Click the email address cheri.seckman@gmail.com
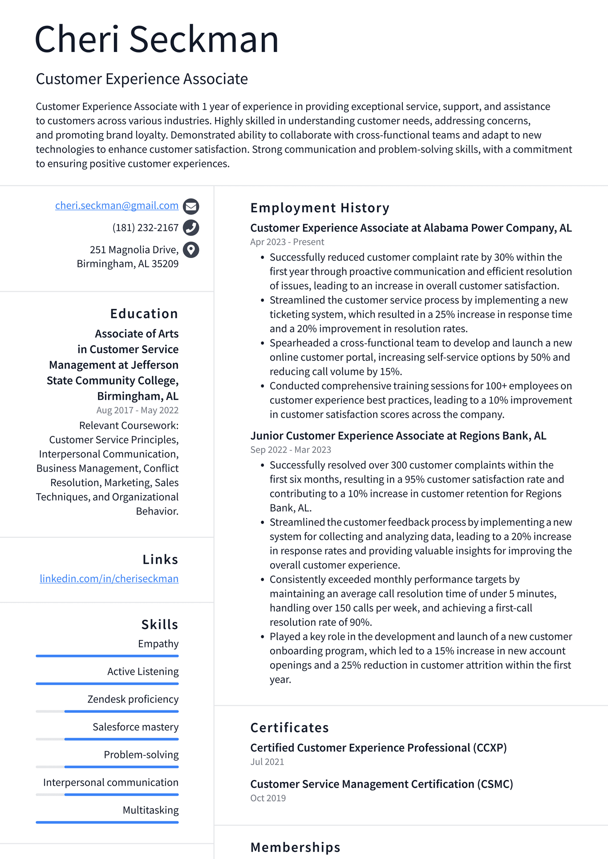pos(117,206)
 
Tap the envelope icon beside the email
pos(191,206)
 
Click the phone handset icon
pos(191,228)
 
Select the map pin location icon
pos(191,250)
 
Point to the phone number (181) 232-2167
pos(145,228)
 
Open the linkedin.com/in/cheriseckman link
pos(109,579)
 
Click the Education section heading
pos(144,314)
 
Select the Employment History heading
pos(320,208)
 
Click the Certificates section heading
pos(289,728)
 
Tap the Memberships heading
pos(295,847)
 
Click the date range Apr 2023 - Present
pos(287,242)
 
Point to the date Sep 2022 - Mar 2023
pos(291,450)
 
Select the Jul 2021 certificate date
pos(267,762)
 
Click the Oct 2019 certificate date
pos(268,799)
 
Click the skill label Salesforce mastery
pos(135,727)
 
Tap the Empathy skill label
pos(158,644)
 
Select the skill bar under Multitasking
pos(107,822)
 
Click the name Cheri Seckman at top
pos(157,39)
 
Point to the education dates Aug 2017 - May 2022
pos(137,410)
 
